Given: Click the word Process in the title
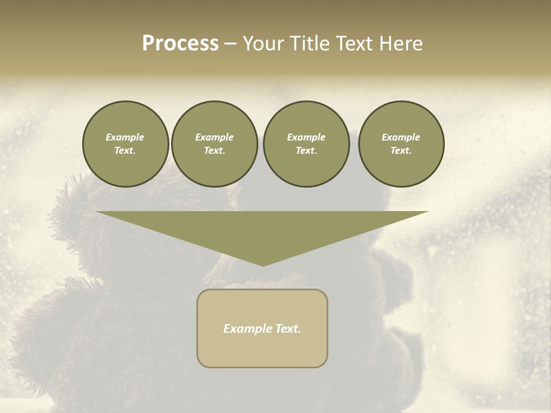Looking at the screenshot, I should [x=180, y=44].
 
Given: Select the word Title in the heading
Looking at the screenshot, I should [x=312, y=44].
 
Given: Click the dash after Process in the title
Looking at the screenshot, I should [x=230, y=45].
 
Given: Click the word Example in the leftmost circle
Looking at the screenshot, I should [x=125, y=137].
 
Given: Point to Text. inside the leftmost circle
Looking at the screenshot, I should [x=125, y=151].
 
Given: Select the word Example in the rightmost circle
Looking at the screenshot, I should [x=401, y=137].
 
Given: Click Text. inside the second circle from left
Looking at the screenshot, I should [x=215, y=151].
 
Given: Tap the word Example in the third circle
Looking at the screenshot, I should [x=306, y=137].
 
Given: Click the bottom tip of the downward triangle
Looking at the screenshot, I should [x=263, y=264].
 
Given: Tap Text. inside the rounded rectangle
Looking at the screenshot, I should [x=287, y=329].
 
